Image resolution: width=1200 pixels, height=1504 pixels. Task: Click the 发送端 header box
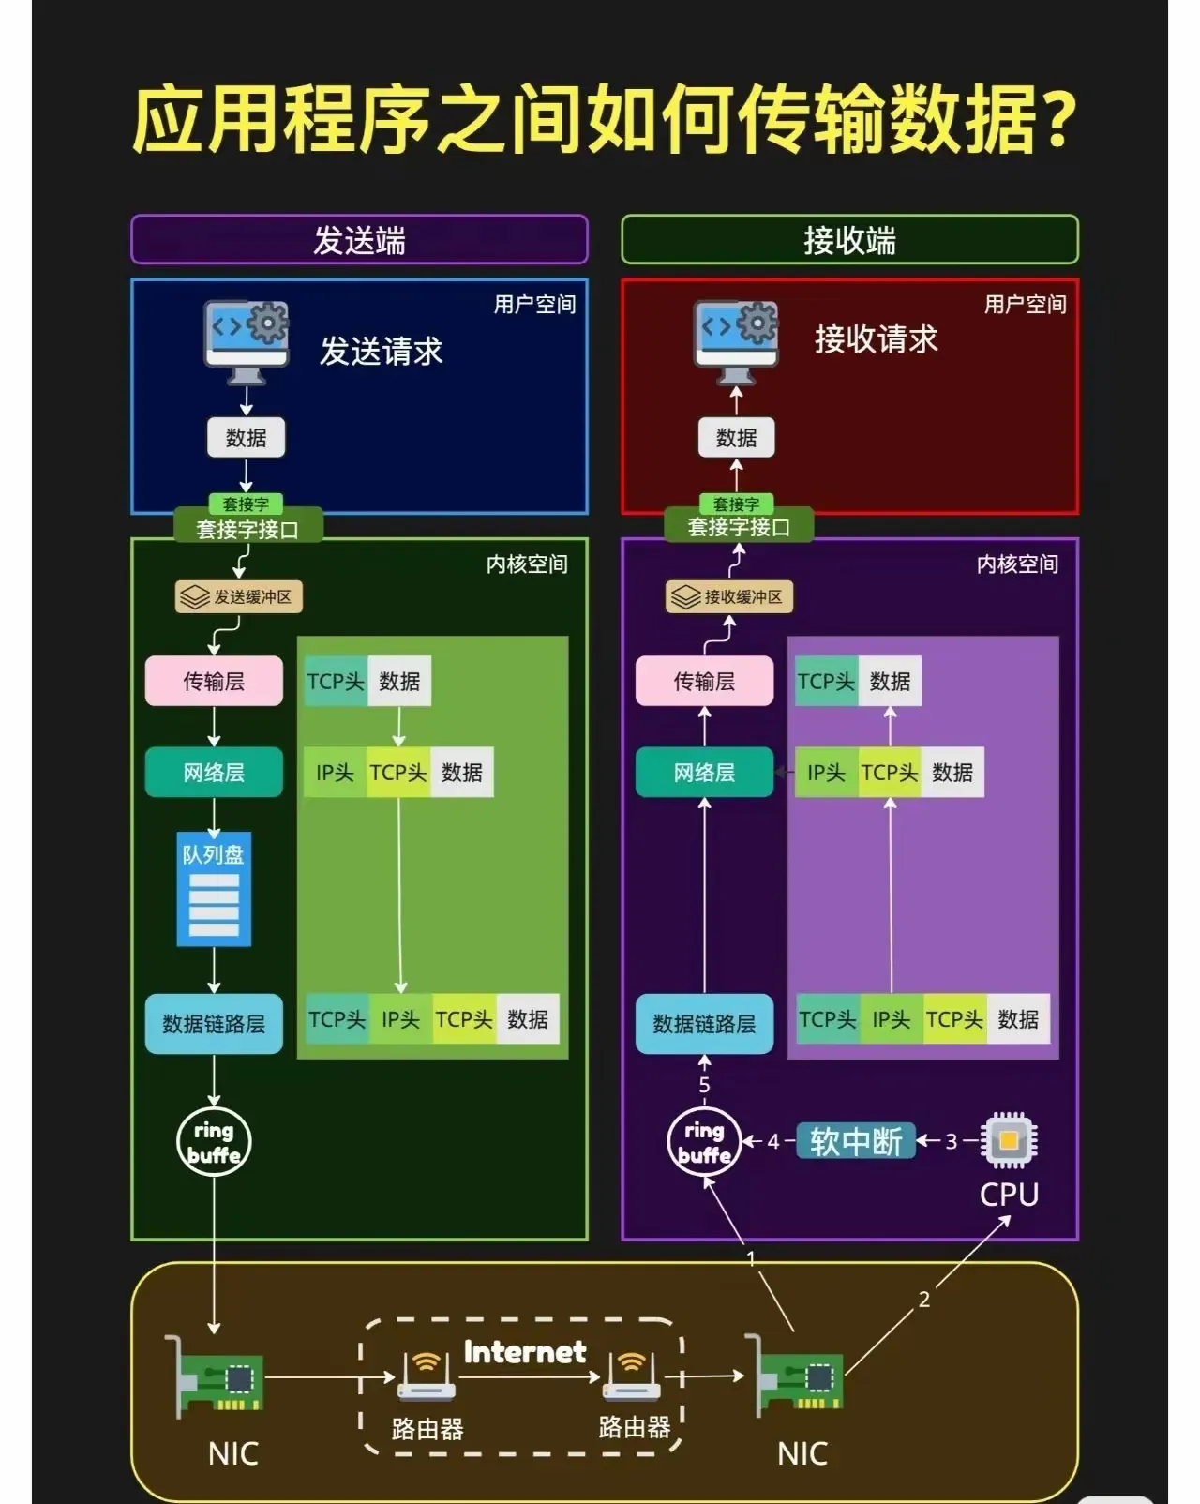tap(359, 240)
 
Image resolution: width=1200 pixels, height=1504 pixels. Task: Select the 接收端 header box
tap(849, 240)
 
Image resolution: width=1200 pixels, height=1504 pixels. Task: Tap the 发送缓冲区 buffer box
tap(239, 596)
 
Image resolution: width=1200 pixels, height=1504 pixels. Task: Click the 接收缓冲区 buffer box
tap(729, 596)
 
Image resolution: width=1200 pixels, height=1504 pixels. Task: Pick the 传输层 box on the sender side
tap(214, 681)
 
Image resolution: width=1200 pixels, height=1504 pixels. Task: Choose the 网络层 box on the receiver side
tap(704, 772)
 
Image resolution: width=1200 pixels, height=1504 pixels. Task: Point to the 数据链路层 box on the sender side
tap(214, 1023)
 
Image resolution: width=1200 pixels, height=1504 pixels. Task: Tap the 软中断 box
tap(856, 1141)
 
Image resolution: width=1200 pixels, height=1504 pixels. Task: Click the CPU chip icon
tap(1009, 1140)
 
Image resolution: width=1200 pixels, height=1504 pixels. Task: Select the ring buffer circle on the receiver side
tap(704, 1142)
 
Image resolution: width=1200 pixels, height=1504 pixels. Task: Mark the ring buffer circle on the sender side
tap(214, 1142)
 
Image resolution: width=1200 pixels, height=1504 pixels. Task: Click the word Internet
tap(525, 1351)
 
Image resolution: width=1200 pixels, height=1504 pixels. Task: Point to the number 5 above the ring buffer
tap(704, 1085)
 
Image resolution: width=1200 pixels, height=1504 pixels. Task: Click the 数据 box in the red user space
tap(736, 437)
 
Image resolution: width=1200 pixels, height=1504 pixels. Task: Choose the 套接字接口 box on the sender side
tap(247, 529)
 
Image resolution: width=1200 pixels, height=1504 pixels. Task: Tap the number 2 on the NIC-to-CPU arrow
tap(924, 1299)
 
